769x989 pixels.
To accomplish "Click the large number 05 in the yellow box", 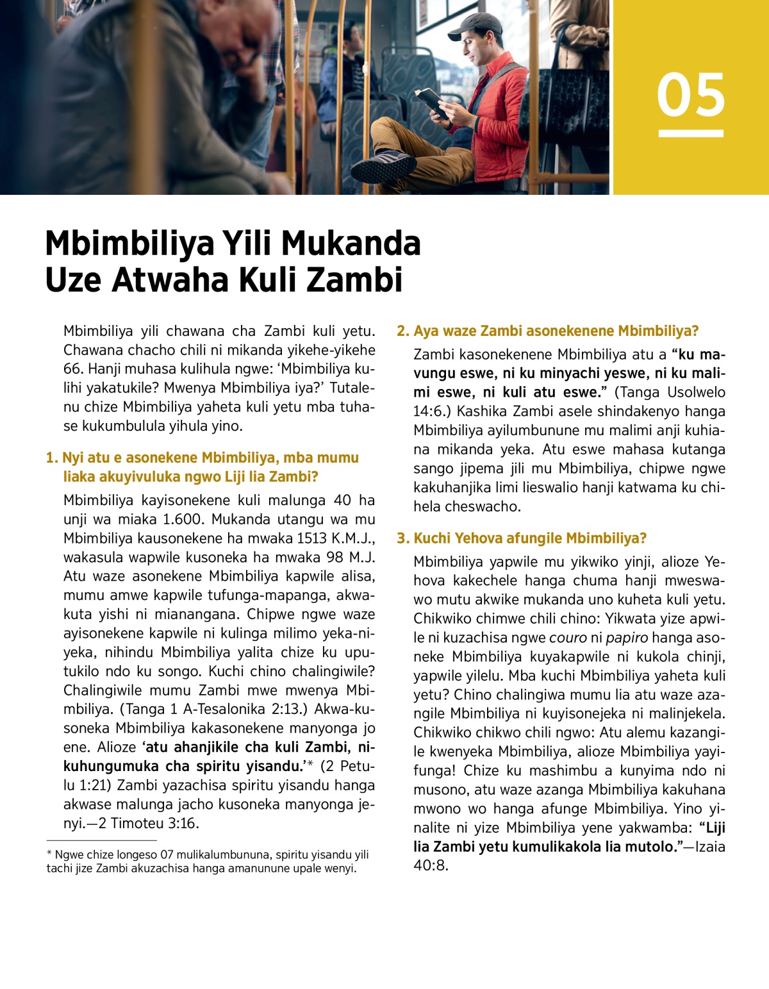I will [691, 95].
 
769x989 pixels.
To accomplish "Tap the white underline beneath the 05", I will [691, 133].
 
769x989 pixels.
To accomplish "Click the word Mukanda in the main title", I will [351, 244].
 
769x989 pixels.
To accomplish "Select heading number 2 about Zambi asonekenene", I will [547, 331].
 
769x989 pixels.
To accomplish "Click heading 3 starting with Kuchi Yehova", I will [522, 538].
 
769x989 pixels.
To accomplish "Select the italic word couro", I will [568, 638].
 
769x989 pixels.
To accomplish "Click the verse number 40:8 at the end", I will [431, 866].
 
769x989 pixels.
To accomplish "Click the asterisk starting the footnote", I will [49, 854].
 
